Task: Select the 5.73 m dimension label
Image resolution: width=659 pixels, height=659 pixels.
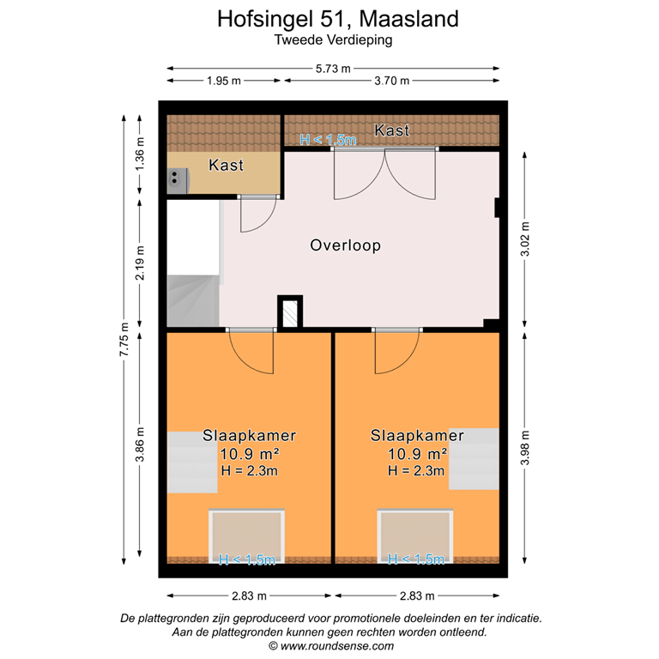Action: coord(333,69)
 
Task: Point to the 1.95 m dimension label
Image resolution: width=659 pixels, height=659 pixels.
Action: coord(223,81)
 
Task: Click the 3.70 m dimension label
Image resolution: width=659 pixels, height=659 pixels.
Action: coord(391,81)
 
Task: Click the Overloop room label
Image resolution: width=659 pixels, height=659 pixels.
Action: coord(345,245)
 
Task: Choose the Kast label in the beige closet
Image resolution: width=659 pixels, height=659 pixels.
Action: coord(227,165)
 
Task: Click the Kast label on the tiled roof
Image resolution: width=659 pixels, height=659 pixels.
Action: coord(392,130)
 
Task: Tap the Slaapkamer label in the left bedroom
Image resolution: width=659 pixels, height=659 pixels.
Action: coord(250,435)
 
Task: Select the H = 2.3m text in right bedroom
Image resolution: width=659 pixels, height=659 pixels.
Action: coord(417,470)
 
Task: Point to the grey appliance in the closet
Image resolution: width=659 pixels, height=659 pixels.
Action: coord(178,178)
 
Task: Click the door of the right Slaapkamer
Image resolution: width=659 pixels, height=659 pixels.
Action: coord(396,351)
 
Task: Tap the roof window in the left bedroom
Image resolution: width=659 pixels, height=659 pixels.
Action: coord(247,534)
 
